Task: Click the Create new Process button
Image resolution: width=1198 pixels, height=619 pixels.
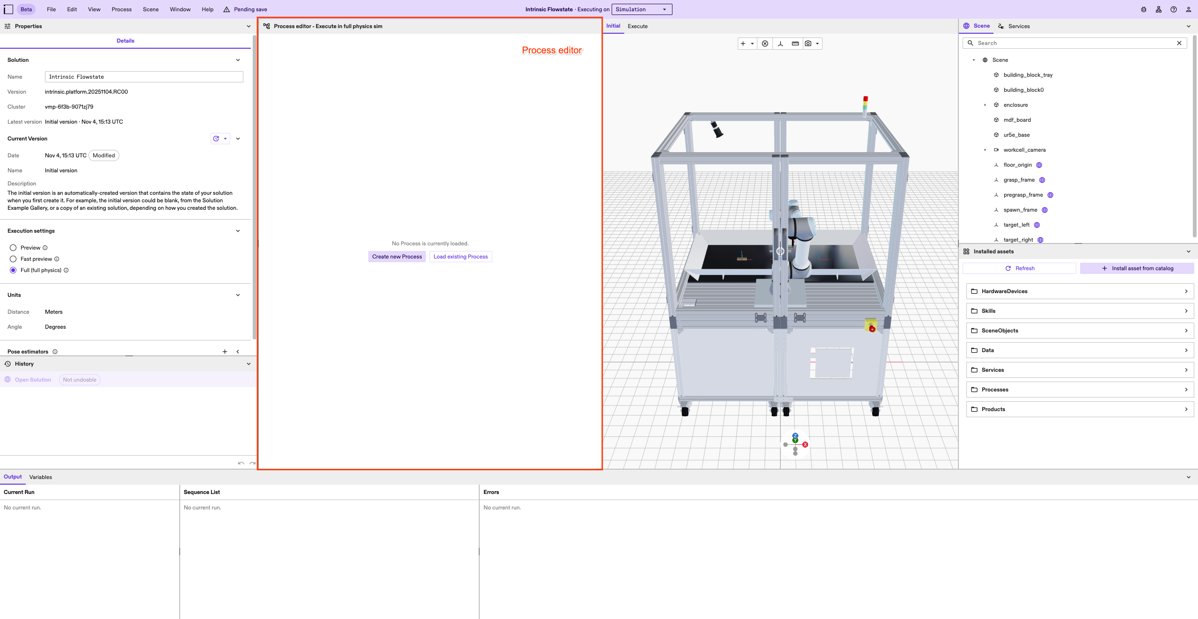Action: click(x=397, y=257)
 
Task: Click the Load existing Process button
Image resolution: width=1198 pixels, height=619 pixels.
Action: click(x=460, y=257)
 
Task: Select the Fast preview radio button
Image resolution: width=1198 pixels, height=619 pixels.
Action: click(x=13, y=259)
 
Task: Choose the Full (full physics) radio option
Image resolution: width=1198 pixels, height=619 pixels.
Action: click(x=13, y=270)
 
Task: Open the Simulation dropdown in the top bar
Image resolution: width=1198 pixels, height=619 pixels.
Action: click(x=642, y=9)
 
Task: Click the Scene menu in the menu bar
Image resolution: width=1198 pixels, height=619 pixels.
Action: click(x=151, y=9)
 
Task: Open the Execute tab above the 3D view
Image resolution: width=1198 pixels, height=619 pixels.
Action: click(x=637, y=26)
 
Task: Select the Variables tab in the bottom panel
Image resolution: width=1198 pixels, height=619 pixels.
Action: click(x=41, y=477)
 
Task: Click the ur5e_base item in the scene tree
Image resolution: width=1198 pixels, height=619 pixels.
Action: click(x=1016, y=135)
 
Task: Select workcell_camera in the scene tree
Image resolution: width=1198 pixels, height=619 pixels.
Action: click(x=1024, y=150)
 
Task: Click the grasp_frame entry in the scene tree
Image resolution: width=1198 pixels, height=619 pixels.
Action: click(x=1019, y=180)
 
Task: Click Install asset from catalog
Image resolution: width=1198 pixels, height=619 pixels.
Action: click(x=1137, y=268)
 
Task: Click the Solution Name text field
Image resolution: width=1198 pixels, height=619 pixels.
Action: click(x=144, y=77)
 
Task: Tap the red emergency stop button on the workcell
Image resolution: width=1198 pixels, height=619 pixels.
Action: click(x=872, y=329)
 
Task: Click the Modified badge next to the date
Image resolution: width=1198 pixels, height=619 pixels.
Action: click(x=103, y=155)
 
